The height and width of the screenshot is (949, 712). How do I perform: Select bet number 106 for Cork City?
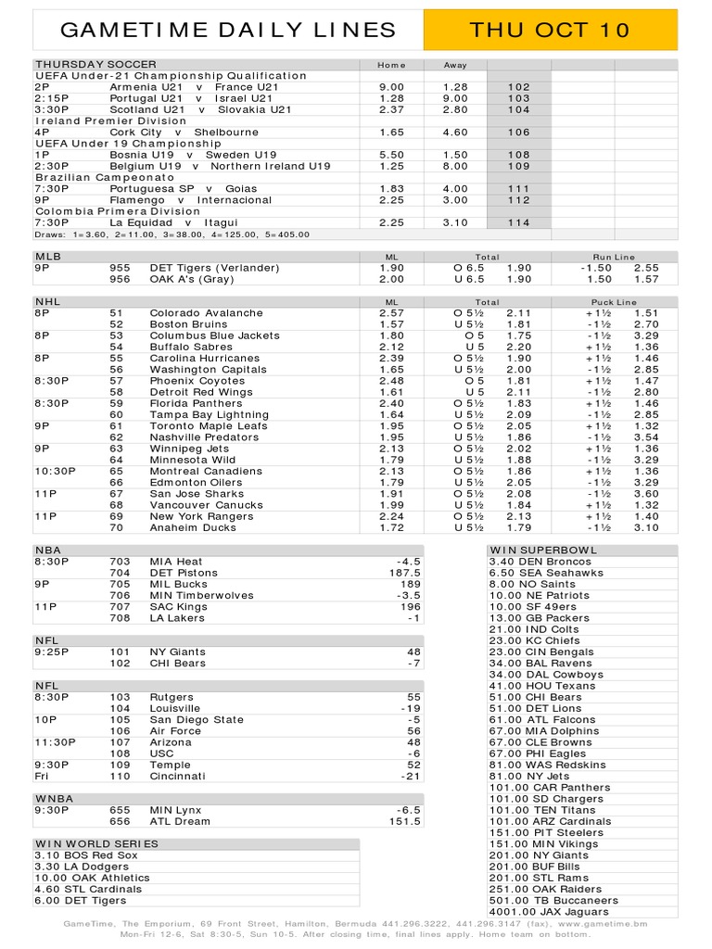518,133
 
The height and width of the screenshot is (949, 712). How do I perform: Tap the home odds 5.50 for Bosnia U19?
391,155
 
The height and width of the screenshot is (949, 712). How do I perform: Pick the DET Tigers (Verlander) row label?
214,268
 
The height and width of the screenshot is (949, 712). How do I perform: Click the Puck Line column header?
613,302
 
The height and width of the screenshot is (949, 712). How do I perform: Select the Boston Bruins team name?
188,324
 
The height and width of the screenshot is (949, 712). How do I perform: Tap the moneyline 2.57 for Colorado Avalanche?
391,313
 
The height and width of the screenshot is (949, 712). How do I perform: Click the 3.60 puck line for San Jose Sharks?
646,494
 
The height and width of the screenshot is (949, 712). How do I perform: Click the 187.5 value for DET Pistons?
405,574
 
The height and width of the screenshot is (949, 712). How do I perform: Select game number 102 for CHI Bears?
120,664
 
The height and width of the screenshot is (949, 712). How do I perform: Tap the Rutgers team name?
172,697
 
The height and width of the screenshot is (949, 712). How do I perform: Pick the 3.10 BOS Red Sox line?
79,855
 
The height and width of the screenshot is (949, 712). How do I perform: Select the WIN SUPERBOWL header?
545,550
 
